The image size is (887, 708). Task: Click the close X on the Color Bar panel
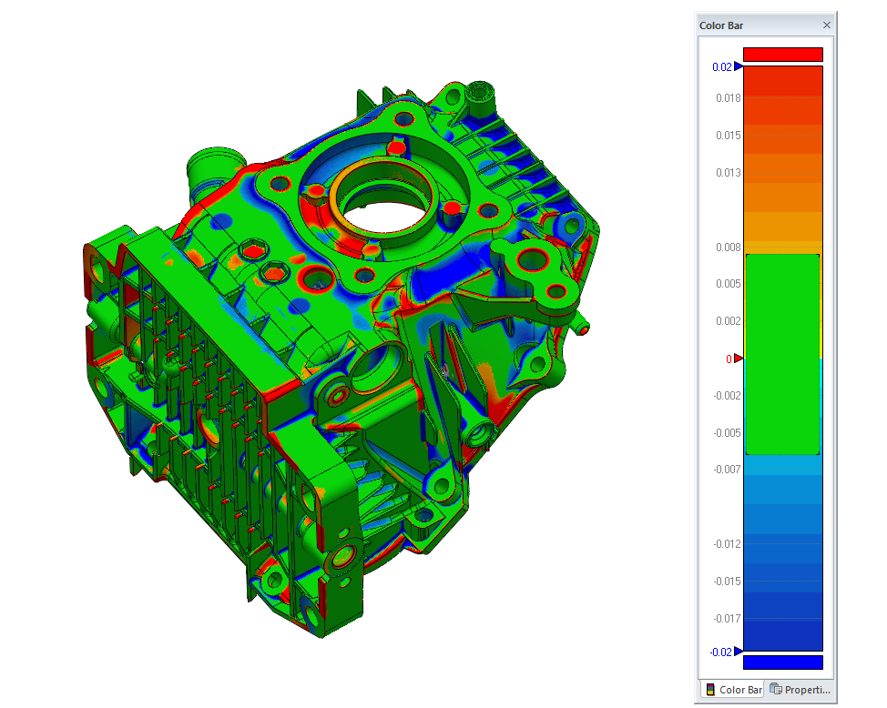[827, 25]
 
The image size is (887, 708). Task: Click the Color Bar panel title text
[721, 25]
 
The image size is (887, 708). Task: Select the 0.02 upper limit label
[722, 67]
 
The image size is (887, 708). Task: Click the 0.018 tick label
[728, 98]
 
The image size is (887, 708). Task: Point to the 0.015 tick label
[728, 136]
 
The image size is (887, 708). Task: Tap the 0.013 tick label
[728, 173]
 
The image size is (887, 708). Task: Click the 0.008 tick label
[728, 248]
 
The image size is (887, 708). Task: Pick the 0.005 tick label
[728, 283]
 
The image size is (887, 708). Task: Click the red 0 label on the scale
[729, 359]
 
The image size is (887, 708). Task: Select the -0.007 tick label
[727, 470]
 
